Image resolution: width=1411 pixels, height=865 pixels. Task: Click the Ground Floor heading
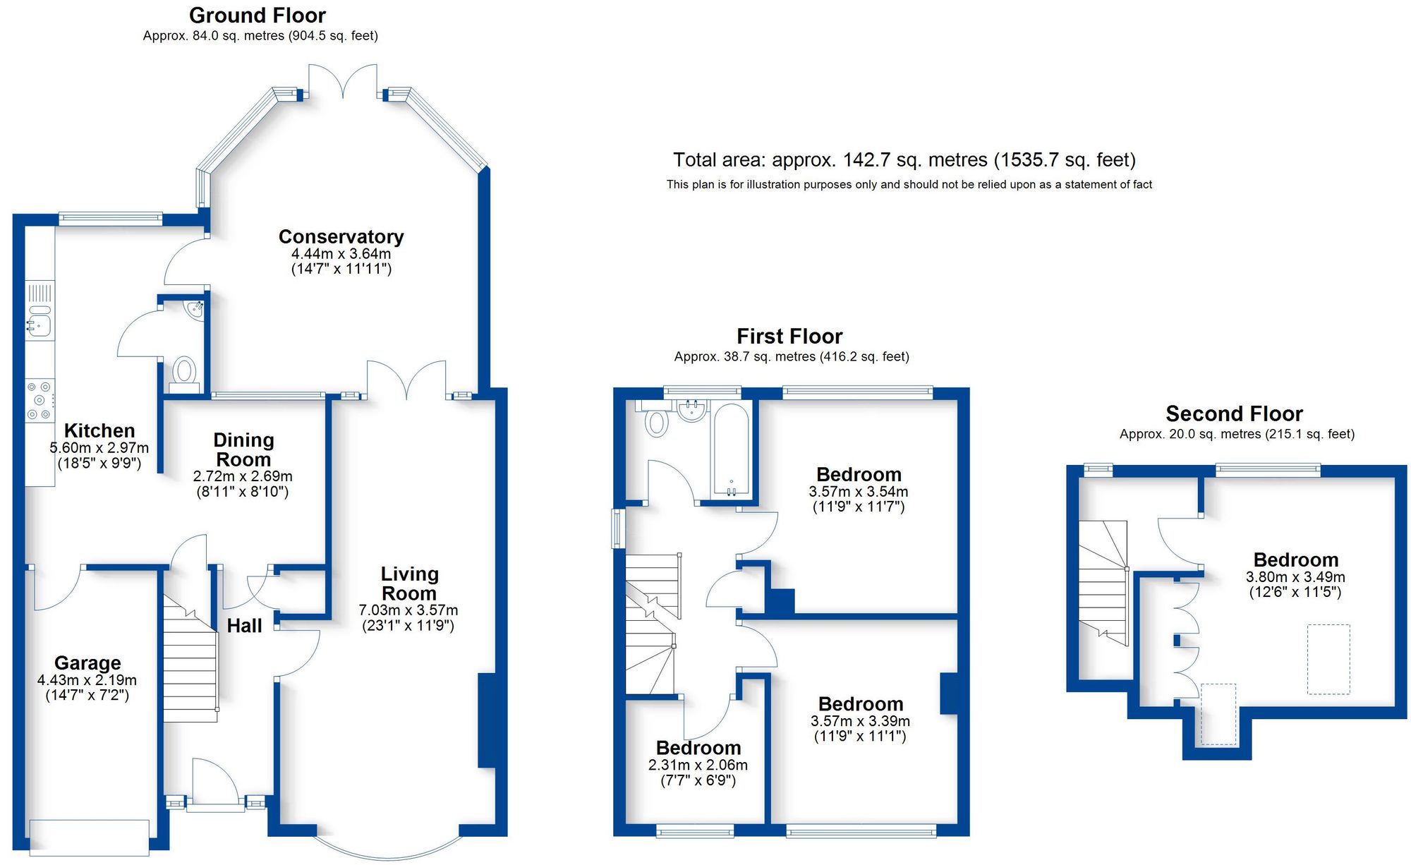(x=257, y=15)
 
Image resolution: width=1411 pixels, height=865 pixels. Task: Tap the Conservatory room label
(x=341, y=236)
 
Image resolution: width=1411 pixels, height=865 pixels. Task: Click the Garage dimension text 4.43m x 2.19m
(x=87, y=680)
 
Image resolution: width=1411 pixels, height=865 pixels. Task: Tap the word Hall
(x=244, y=626)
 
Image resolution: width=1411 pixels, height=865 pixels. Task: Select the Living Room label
(x=409, y=583)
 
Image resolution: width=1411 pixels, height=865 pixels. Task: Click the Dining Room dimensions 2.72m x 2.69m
(x=243, y=476)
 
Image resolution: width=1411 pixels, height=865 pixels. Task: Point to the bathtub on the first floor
(x=731, y=449)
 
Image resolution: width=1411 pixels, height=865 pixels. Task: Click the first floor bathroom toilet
(x=656, y=421)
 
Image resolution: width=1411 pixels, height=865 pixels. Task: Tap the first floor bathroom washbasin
(x=692, y=410)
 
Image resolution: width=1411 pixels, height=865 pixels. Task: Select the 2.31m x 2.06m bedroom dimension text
(x=698, y=765)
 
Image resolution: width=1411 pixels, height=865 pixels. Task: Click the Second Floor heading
(x=1233, y=413)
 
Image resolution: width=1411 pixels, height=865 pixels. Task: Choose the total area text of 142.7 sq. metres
(x=904, y=160)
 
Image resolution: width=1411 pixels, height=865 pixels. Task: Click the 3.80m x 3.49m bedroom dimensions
(x=1295, y=577)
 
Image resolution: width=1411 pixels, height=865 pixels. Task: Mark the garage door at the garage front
(x=90, y=837)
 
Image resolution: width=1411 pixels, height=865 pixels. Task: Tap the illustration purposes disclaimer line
(x=909, y=185)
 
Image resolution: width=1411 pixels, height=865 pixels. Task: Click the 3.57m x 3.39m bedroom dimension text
(x=860, y=721)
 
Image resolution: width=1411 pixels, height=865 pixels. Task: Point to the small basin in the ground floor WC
(x=194, y=309)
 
